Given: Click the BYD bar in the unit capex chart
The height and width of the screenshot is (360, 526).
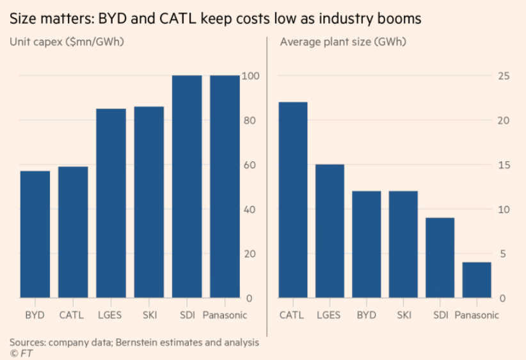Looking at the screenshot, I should [x=35, y=234].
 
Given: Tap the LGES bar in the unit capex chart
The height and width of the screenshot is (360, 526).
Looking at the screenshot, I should [x=111, y=203].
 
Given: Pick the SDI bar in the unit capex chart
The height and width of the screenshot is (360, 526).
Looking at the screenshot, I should [x=187, y=186].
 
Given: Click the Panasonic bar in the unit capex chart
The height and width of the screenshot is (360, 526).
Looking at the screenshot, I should [x=225, y=186].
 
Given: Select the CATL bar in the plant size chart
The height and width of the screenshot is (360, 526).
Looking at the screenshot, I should [x=292, y=200].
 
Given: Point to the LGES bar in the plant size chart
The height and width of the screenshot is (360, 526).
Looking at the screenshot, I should [x=330, y=231].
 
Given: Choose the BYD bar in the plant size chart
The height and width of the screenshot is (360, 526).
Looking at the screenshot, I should [x=367, y=244].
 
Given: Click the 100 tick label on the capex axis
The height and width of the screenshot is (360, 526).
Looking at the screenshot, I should [x=251, y=76].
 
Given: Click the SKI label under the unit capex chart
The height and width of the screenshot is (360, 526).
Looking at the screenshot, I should [x=149, y=315].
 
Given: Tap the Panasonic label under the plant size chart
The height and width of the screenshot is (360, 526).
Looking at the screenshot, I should [x=476, y=315].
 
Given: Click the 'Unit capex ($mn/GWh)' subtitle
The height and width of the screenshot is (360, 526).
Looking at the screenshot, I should [x=67, y=42].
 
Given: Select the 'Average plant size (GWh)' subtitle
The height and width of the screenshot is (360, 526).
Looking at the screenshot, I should [x=343, y=42].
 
